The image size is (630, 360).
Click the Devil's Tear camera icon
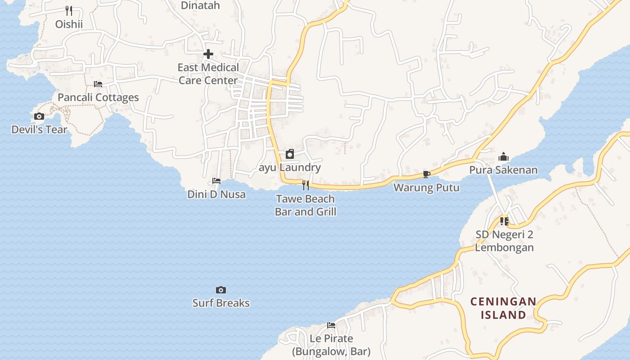tap(39, 117)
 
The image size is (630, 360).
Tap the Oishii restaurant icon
tap(69, 10)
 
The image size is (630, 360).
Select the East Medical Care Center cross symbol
tap(208, 54)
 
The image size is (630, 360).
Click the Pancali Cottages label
tap(98, 98)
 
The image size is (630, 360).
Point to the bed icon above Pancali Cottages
tap(98, 84)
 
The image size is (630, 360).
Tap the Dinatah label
tap(200, 5)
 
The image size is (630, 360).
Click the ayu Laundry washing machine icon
tap(290, 154)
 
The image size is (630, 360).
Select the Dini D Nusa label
tap(216, 194)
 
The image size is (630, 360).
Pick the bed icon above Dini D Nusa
tap(216, 181)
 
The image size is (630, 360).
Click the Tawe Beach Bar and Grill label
tap(306, 205)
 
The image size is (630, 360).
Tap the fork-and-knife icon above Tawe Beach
tap(306, 185)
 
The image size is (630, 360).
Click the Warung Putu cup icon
tap(427, 174)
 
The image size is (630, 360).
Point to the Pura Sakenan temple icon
tap(504, 157)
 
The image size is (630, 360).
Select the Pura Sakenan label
tap(504, 170)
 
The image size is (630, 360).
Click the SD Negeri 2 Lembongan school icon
tap(504, 221)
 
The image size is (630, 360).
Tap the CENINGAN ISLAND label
tap(504, 308)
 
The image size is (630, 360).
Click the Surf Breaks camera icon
tap(220, 290)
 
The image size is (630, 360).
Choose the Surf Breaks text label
tap(221, 303)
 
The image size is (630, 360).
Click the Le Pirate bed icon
tap(331, 325)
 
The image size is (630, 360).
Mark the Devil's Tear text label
tap(39, 130)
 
